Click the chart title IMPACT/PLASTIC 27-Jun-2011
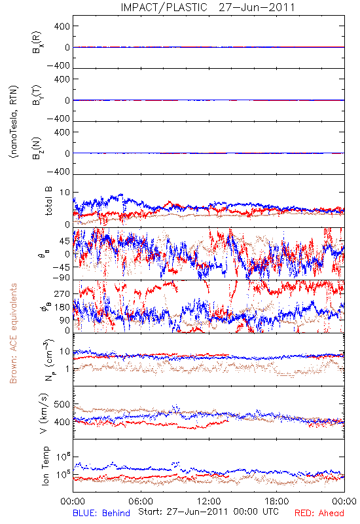(207, 7)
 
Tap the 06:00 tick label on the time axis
(141, 501)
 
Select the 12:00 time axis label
(209, 501)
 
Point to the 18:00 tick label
(276, 501)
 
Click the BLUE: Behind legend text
(101, 513)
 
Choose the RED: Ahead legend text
(319, 513)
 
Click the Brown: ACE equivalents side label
(13, 333)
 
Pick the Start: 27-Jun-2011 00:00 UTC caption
(208, 512)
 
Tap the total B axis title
(48, 201)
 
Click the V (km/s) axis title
(44, 414)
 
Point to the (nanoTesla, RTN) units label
(14, 122)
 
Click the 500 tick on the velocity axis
(62, 404)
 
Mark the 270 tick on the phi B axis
(62, 293)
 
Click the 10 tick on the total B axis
(65, 193)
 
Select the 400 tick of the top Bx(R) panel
(62, 26)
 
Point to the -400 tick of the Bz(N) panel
(58, 172)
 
